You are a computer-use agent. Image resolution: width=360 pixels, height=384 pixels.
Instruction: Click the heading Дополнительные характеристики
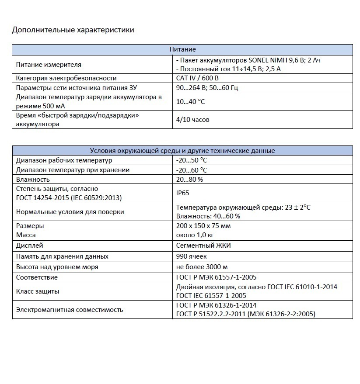[73, 30]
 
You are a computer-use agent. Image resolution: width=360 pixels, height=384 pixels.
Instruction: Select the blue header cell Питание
[182, 50]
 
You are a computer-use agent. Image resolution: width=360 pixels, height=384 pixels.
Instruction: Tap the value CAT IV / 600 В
[197, 78]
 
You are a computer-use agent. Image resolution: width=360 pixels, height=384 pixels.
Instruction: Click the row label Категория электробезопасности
[66, 78]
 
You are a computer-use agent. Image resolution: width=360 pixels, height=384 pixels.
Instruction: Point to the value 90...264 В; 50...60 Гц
[207, 87]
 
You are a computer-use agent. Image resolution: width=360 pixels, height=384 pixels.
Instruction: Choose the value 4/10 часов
[192, 120]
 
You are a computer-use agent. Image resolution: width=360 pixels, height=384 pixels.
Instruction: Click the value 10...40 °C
[190, 101]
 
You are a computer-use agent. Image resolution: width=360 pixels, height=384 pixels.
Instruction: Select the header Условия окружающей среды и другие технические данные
[182, 151]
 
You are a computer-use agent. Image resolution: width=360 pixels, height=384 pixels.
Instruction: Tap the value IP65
[183, 193]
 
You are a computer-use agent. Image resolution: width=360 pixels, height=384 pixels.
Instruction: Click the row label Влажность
[33, 180]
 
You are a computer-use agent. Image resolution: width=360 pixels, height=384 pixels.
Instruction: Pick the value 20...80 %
[189, 180]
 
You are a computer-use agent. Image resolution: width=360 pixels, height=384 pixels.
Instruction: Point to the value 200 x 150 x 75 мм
[203, 226]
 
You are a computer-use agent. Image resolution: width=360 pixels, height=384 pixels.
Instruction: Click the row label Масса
[26, 235]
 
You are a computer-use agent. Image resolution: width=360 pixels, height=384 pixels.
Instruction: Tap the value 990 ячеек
[192, 256]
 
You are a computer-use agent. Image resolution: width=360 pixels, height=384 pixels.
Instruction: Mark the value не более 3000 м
[202, 267]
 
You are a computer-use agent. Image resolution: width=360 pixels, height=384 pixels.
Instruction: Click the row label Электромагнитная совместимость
[70, 310]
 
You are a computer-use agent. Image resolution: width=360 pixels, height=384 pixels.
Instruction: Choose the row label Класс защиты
[38, 291]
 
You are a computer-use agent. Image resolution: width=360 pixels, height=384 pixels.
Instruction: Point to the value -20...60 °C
[192, 170]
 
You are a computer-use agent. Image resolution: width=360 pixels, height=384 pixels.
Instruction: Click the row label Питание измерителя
[49, 65]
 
